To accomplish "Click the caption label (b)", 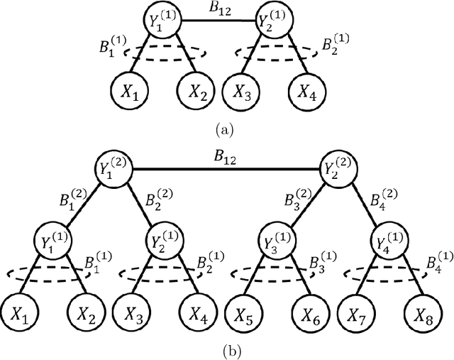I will click(x=226, y=349).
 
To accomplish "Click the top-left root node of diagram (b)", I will click(x=116, y=168).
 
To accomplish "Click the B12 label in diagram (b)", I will click(x=226, y=158).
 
